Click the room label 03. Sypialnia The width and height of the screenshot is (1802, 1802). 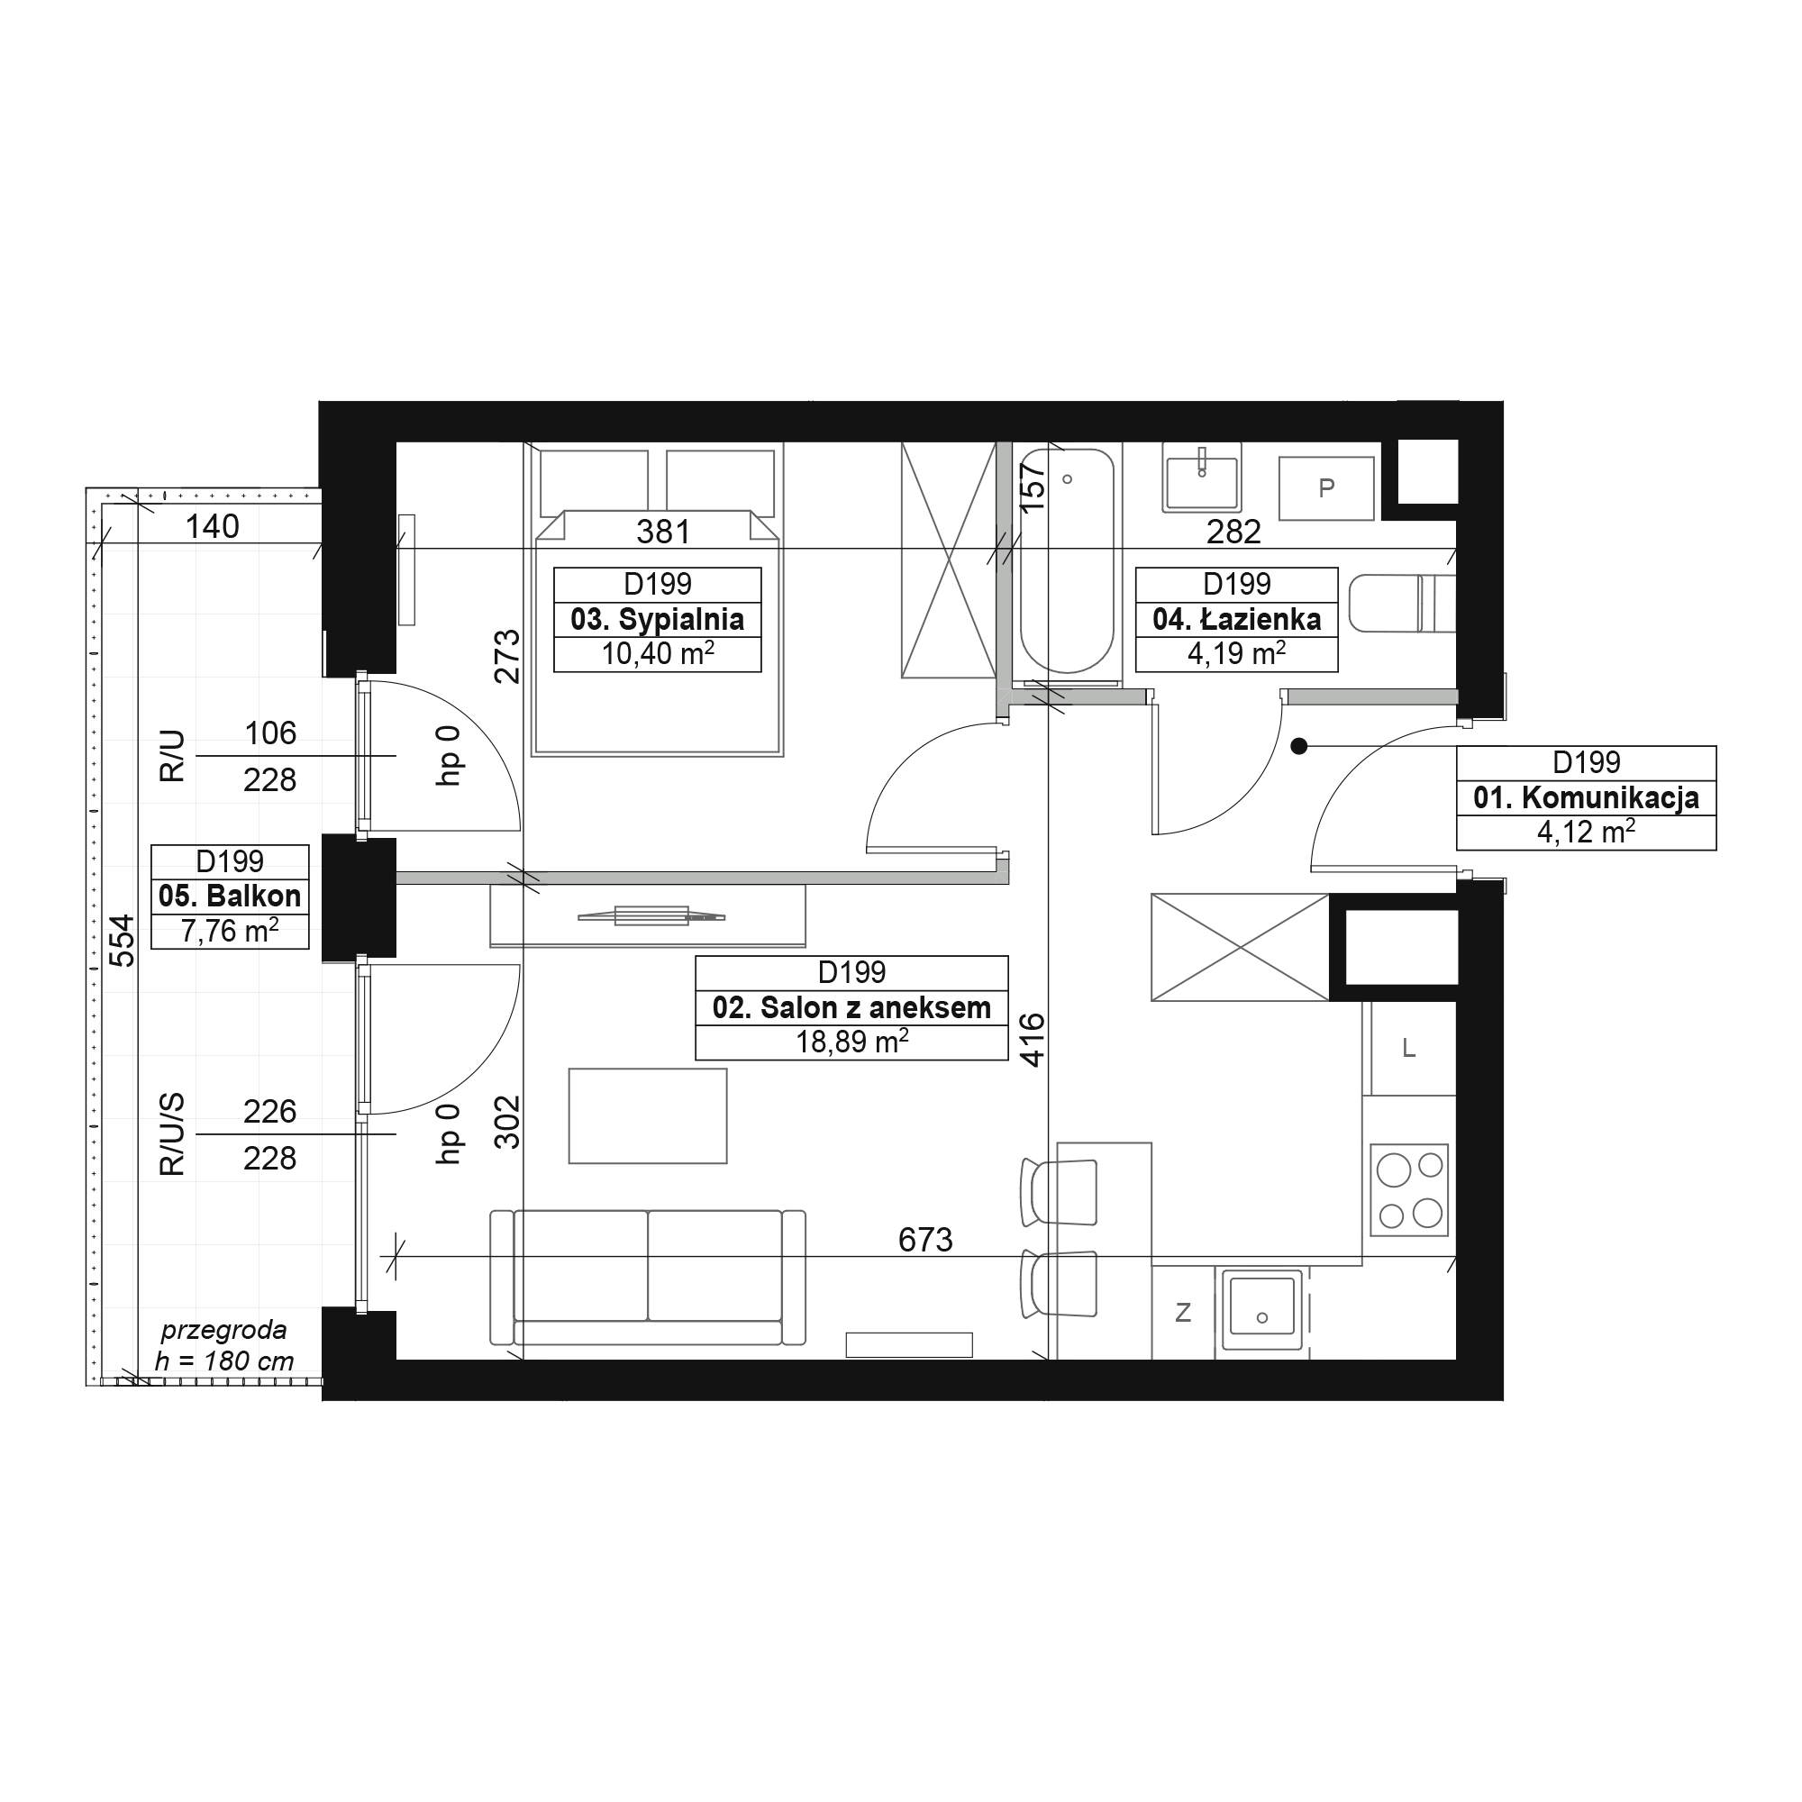pos(657,619)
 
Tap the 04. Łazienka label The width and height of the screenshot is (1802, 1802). pos(1236,619)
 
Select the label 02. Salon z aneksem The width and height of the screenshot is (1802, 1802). pos(851,1007)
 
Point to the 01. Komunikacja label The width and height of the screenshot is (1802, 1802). pos(1586,797)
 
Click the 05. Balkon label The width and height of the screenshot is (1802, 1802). pos(230,896)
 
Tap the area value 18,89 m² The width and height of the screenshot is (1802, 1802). pos(851,1042)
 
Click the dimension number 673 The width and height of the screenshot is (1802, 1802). pos(925,1240)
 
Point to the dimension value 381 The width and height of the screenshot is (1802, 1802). pos(663,532)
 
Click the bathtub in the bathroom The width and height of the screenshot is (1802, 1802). pos(1067,560)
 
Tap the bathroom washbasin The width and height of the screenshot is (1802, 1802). pos(1201,477)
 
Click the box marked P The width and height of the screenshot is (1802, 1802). pos(1325,487)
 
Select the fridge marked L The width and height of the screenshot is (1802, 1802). pos(1408,1049)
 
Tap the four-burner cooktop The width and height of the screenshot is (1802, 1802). pos(1408,1190)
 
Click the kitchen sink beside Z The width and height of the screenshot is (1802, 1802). pos(1262,1308)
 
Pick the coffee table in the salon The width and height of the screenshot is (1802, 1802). pos(647,1115)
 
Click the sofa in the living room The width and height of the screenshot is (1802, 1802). pos(647,1277)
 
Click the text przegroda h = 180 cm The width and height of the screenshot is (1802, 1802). pos(223,1345)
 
